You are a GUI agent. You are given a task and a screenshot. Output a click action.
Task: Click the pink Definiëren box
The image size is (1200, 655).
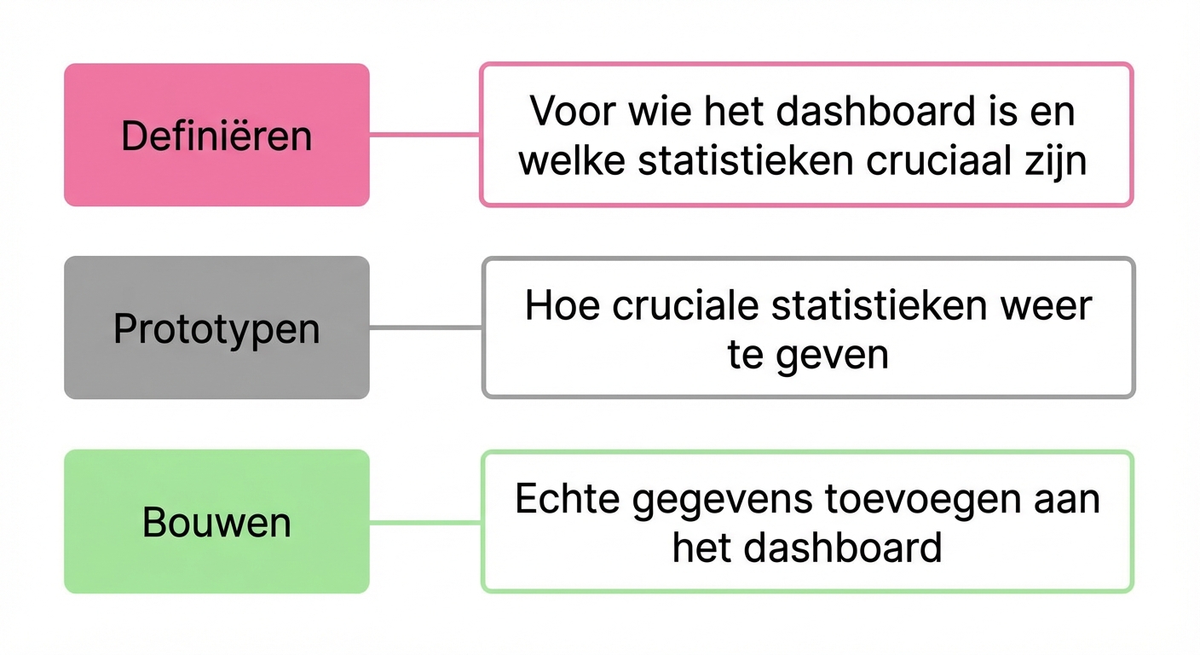[216, 135]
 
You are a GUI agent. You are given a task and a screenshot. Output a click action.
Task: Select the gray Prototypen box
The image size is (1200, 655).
[216, 327]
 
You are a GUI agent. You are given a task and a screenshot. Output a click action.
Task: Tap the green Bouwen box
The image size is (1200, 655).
[216, 522]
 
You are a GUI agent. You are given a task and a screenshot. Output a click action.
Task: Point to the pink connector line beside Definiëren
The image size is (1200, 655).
[424, 135]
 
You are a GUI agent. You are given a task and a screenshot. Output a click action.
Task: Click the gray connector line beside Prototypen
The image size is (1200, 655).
[426, 327]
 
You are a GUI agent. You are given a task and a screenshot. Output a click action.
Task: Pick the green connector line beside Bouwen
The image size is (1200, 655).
[426, 522]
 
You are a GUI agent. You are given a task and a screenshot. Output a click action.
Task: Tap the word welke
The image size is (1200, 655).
[572, 160]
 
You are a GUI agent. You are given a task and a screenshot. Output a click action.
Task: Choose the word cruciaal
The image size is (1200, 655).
[938, 160]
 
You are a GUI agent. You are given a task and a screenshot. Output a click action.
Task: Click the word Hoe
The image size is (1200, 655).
[562, 305]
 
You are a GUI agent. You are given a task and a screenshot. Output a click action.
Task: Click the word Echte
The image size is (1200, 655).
[568, 499]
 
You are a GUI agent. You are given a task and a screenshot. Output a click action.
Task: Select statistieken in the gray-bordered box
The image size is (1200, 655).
[879, 305]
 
